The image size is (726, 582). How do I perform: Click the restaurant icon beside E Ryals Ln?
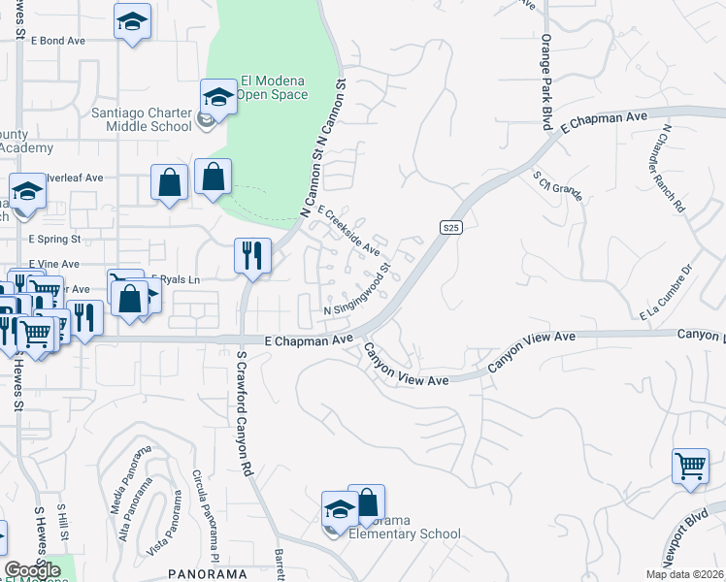pyautogui.click(x=251, y=256)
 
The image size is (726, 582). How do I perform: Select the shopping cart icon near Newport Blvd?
pyautogui.click(x=690, y=465)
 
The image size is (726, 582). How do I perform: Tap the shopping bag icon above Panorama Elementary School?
pyautogui.click(x=367, y=502)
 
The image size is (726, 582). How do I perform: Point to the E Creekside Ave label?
pyautogui.click(x=348, y=230)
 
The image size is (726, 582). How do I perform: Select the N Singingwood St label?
pyautogui.click(x=356, y=288)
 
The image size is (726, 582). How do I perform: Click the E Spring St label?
pyautogui.click(x=55, y=238)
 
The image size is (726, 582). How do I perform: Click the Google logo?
pyautogui.click(x=33, y=569)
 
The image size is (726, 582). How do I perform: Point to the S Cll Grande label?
pyautogui.click(x=558, y=184)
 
